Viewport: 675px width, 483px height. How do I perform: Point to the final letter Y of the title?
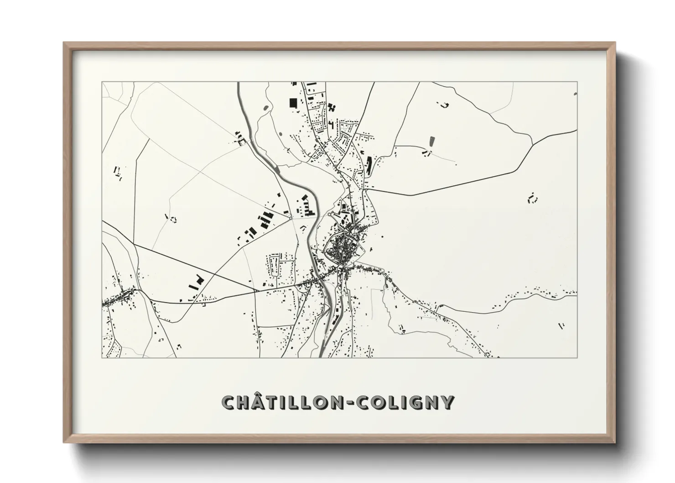[x=447, y=403]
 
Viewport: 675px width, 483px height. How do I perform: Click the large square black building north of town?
[x=293, y=103]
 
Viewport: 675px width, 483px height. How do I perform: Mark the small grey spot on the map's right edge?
[x=575, y=94]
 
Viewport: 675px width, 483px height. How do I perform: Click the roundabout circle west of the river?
[x=291, y=218]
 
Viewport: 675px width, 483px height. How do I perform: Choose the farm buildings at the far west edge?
[x=118, y=173]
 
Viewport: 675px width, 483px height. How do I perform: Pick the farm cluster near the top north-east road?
[x=443, y=105]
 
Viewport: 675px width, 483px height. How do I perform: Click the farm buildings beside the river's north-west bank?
[x=239, y=138]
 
